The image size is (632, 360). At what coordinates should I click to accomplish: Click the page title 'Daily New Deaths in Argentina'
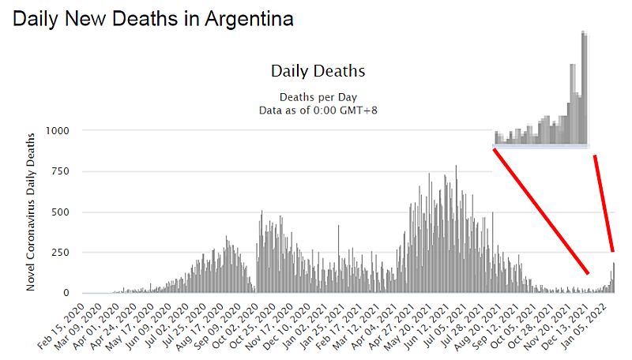pos(153,19)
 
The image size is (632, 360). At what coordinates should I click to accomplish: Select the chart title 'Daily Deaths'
pos(318,70)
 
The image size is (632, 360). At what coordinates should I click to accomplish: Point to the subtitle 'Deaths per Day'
pos(318,97)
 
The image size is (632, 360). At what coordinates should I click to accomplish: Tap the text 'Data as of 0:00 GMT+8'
pos(318,110)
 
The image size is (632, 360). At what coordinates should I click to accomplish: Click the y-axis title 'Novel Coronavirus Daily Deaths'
pos(31,212)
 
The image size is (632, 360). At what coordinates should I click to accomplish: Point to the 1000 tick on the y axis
pos(58,130)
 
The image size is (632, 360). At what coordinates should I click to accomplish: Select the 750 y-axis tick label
pos(61,171)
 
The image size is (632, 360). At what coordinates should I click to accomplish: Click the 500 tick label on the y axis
pos(61,212)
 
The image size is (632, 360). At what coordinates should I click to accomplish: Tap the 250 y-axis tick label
pos(61,253)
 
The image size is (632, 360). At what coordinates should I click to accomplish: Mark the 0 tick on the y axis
pos(66,294)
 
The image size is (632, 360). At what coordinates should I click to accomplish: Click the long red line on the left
pos(540,211)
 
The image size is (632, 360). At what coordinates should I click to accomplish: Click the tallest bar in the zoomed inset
pos(584,87)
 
